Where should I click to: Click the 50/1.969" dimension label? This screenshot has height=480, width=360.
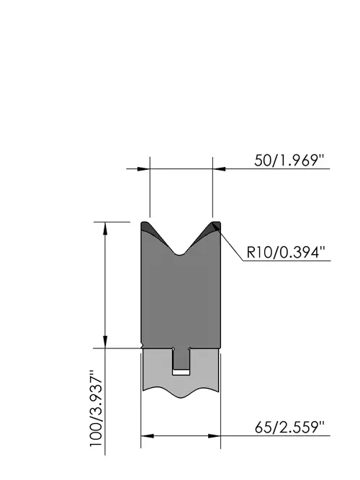(289, 160)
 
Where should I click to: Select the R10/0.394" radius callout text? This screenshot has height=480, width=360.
(285, 253)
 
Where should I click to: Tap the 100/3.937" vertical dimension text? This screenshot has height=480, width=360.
(96, 409)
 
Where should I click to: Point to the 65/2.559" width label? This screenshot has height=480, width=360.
(289, 427)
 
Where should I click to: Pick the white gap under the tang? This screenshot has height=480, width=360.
(181, 373)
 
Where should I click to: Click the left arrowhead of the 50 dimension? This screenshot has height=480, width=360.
(144, 168)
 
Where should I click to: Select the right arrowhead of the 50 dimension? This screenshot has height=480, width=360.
(219, 168)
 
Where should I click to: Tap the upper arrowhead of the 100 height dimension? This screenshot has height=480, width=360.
(105, 228)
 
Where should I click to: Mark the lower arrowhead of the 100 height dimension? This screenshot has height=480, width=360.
(105, 342)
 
